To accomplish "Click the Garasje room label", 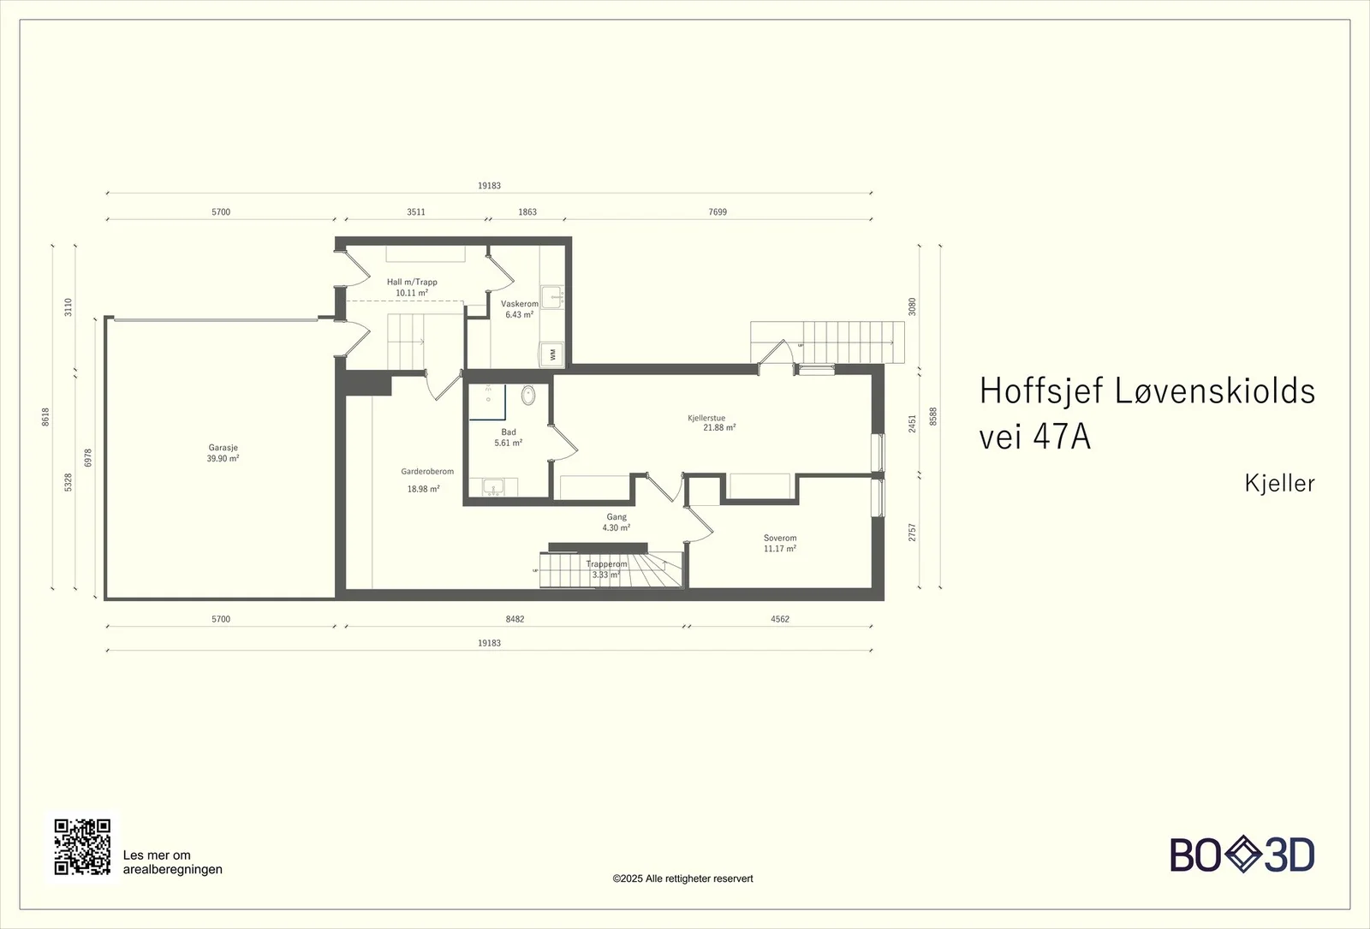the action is pos(223,453).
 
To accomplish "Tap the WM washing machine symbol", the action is pos(552,354).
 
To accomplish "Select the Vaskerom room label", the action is pos(519,309).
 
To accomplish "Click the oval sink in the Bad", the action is pos(527,395).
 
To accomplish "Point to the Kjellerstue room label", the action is pos(712,423).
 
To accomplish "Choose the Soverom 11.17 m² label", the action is pos(780,543).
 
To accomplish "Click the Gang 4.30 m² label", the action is pos(616,521).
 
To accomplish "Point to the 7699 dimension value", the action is pos(718,212).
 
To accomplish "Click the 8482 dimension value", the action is pos(515,619).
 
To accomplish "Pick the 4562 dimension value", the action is pos(780,619).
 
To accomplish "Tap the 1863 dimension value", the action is pos(527,212).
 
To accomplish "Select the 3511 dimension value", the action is pos(416,212).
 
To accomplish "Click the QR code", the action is pos(82,847).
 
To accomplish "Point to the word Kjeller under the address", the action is pos(1279,483).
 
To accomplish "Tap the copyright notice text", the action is pos(682,878).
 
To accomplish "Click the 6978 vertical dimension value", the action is pos(88,458).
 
